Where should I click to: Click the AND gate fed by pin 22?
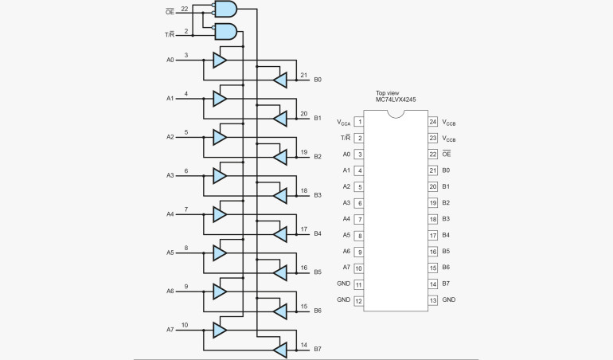[225, 10]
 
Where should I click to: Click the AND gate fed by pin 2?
[225, 32]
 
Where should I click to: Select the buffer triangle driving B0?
[279, 79]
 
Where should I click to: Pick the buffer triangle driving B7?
[279, 349]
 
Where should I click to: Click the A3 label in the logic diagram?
[170, 175]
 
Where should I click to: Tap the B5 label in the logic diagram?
[317, 272]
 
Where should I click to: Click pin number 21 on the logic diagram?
[304, 75]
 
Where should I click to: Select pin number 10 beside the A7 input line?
[185, 325]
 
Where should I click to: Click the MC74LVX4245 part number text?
[396, 100]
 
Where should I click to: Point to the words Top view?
[390, 92]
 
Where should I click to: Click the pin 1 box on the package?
[359, 122]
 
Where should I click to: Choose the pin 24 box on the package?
[433, 122]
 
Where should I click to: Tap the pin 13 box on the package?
[433, 300]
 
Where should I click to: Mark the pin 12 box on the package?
[359, 300]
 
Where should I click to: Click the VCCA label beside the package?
[343, 123]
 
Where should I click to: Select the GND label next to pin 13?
[449, 300]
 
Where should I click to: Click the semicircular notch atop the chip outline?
[396, 112]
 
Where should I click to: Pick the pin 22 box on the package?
[433, 155]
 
